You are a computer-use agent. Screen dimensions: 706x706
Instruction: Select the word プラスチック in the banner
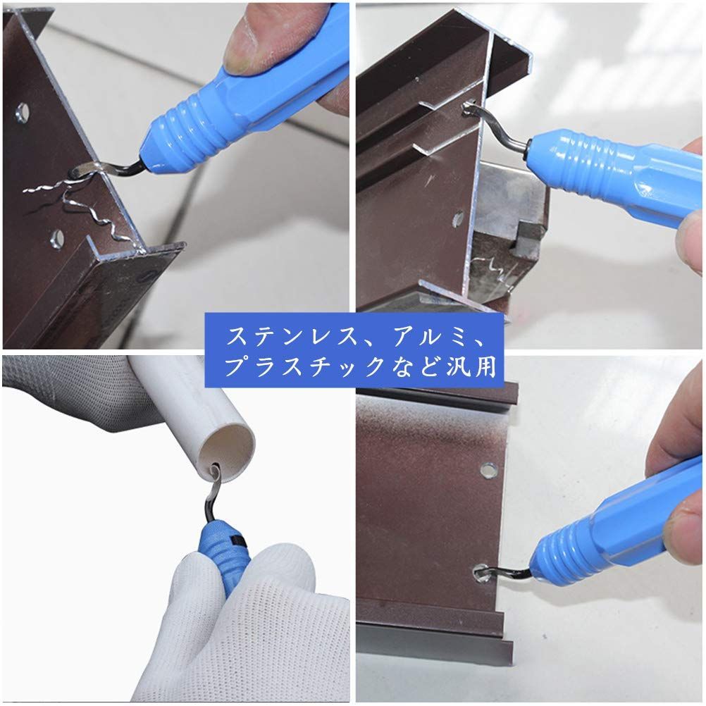[x=304, y=366]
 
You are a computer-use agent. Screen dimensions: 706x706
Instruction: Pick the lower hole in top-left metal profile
[x=57, y=237]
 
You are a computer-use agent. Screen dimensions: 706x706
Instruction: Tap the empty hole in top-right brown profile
[x=458, y=219]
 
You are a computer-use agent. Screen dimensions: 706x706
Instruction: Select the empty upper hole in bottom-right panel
[x=486, y=470]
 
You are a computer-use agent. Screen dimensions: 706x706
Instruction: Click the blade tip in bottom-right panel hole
[x=481, y=572]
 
